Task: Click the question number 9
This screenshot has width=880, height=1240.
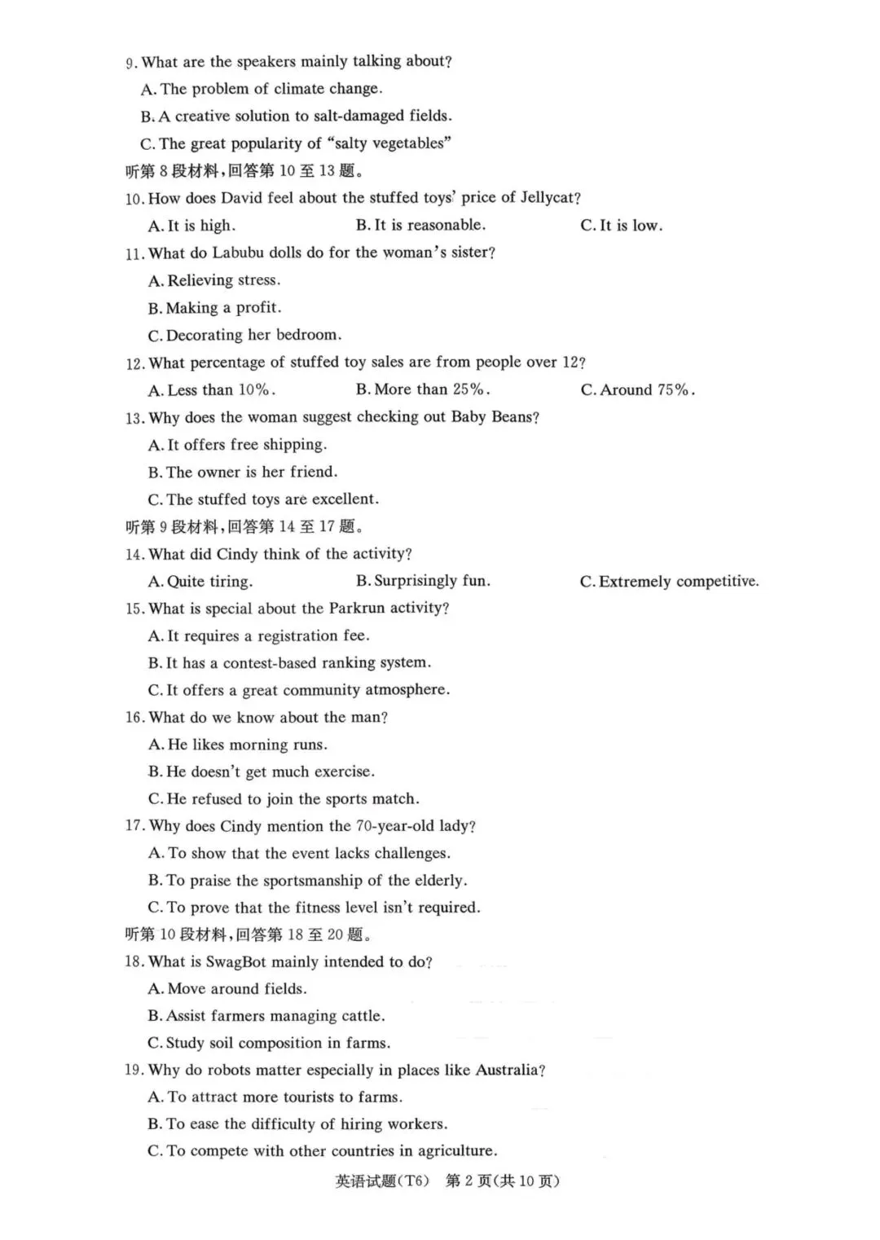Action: tap(130, 63)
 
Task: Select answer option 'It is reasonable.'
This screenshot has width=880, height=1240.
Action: tap(420, 225)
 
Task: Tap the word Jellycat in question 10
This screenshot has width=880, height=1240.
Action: tap(547, 198)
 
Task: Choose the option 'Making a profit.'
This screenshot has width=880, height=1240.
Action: tap(215, 308)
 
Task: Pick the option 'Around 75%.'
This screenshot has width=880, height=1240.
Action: tap(637, 390)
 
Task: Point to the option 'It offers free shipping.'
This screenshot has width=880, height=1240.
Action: tap(237, 445)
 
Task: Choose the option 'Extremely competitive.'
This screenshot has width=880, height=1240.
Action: tap(669, 582)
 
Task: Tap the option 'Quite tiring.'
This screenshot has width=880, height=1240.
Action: tap(200, 582)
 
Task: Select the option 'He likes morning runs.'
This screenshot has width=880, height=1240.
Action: tap(238, 745)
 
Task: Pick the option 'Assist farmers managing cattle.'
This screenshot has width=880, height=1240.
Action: tap(266, 1016)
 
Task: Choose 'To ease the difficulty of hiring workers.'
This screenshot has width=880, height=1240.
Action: tap(297, 1124)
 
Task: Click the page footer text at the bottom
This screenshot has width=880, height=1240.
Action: tap(447, 1181)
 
